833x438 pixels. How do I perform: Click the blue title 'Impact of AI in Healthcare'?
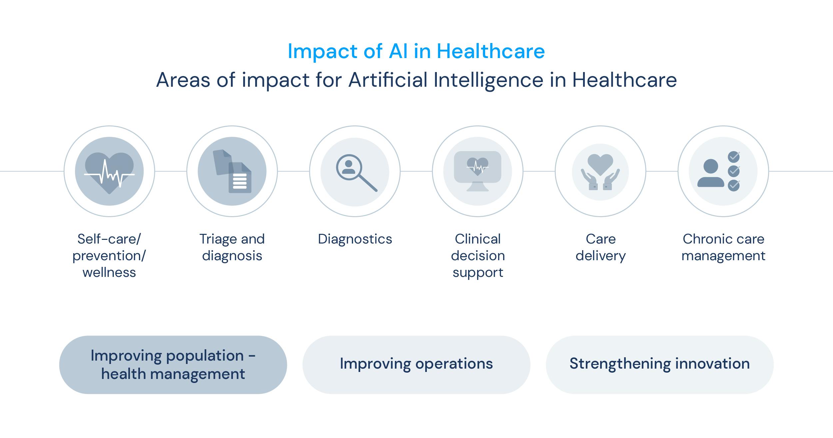click(416, 51)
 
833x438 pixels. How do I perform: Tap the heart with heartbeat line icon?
click(109, 173)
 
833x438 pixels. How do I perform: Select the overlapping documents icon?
click(232, 171)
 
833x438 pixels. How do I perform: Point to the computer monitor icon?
click(477, 171)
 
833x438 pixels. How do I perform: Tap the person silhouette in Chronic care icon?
click(711, 173)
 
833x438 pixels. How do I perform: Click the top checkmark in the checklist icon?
click(734, 156)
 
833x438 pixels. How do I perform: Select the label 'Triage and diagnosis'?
click(232, 247)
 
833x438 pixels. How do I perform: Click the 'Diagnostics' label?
click(355, 239)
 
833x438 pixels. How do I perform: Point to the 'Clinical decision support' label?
click(478, 256)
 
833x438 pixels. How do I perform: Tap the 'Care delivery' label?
click(600, 247)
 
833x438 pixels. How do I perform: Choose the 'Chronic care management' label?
click(723, 247)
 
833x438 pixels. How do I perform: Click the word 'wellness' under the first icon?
click(109, 273)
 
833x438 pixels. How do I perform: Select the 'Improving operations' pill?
click(416, 365)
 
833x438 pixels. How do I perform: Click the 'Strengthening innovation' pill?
click(659, 365)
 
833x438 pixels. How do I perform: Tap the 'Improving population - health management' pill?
click(173, 365)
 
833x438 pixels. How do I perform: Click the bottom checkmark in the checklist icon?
click(734, 185)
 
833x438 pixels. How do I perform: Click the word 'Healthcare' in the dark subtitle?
click(624, 80)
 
